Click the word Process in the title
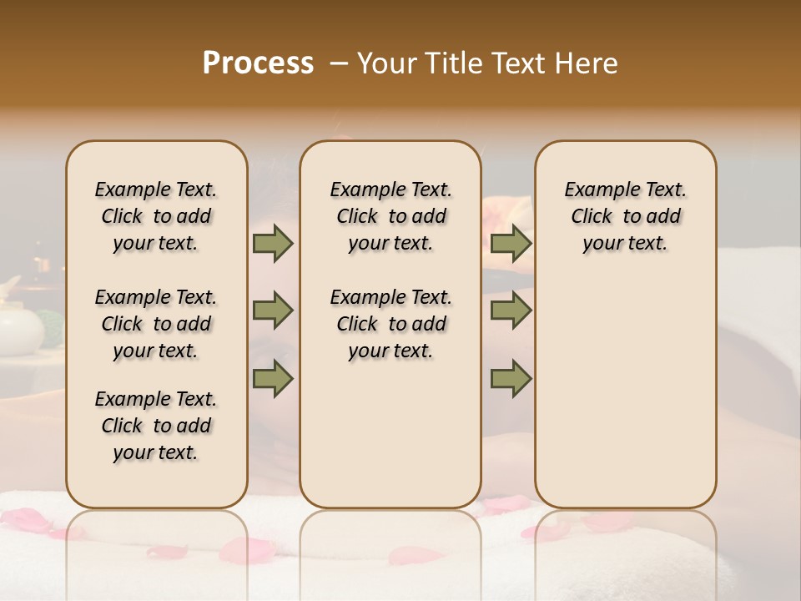[258, 63]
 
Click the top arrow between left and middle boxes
[273, 244]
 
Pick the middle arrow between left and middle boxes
[273, 311]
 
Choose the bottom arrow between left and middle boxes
[273, 379]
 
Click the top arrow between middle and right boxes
[511, 244]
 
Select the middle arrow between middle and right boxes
[511, 311]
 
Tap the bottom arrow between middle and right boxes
[511, 379]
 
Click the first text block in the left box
[156, 216]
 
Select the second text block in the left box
[156, 324]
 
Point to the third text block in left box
[156, 426]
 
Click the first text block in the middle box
[391, 216]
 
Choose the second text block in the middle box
[391, 324]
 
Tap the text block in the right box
[626, 216]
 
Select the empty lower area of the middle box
[390, 434]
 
